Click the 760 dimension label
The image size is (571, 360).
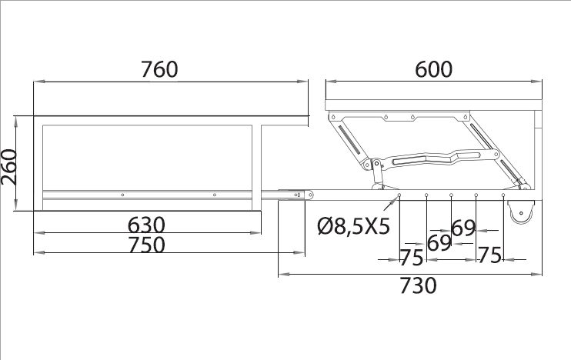[x=159, y=69]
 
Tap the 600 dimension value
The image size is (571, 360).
[x=434, y=69]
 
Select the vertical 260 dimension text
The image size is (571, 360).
[x=9, y=167]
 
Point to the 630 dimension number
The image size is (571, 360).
[x=146, y=225]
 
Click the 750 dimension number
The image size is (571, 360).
[x=146, y=245]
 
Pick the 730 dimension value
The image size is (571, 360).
[x=418, y=285]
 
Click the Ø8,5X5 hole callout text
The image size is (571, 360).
[x=353, y=226]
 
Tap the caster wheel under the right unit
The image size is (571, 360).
[x=521, y=212]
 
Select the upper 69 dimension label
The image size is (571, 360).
[x=463, y=228]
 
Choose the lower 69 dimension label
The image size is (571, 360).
[x=439, y=243]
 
